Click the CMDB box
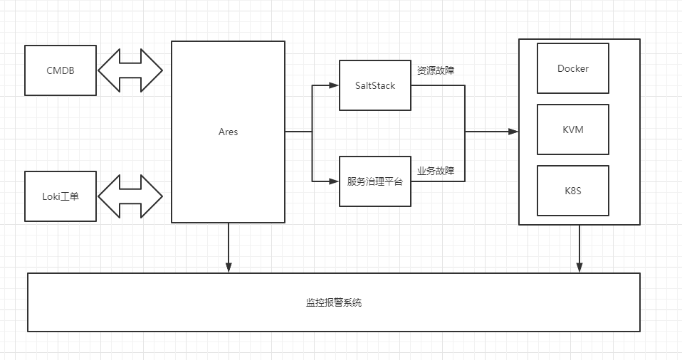point(61,70)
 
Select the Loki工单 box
point(61,196)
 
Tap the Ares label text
point(228,132)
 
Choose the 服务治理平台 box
point(375,181)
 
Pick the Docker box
point(573,68)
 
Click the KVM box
point(573,129)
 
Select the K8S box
point(573,191)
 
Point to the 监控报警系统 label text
point(334,302)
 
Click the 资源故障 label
point(436,70)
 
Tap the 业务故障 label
point(436,171)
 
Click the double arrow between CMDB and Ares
point(130,70)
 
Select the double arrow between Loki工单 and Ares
point(130,196)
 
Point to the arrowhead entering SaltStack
point(335,85)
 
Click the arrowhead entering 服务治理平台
point(335,181)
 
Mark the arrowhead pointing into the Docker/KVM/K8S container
point(513,132)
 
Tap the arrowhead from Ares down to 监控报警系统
point(229,268)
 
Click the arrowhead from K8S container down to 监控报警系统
point(579,268)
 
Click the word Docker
point(573,68)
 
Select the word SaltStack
point(375,85)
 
